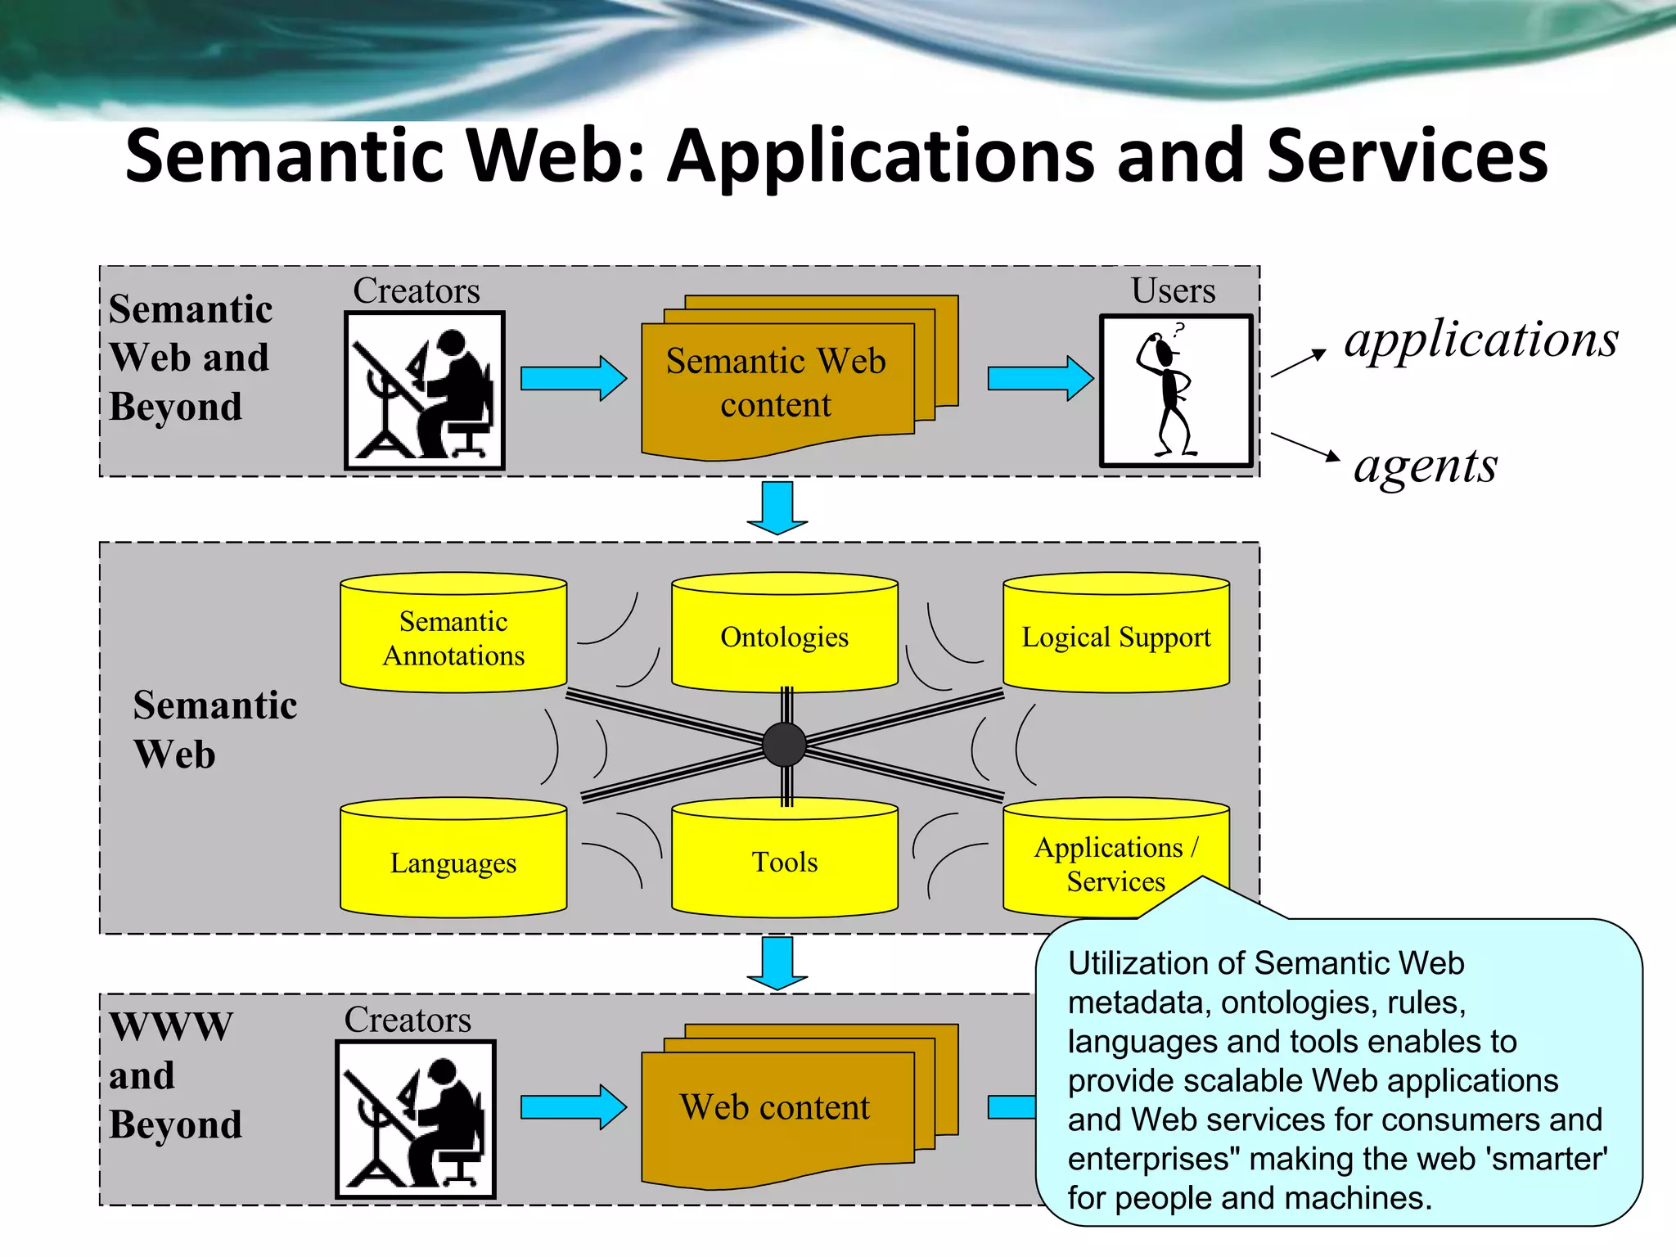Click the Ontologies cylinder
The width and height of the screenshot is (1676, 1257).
pos(784,637)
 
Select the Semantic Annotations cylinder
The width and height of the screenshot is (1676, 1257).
pos(453,638)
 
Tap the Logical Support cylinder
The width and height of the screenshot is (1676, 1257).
pos(1116,637)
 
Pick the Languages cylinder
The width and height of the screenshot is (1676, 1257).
pos(453,863)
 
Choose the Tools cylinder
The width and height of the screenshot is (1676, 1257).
pos(784,862)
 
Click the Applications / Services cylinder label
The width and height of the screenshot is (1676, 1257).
pos(1115,863)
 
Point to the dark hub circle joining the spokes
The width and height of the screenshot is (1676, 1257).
pos(784,745)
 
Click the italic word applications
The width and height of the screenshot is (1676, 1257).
pos(1481,340)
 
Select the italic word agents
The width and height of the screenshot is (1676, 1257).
pos(1426,466)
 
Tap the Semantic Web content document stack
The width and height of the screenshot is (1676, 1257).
pos(776,383)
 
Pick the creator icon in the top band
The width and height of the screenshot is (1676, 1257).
pos(424,391)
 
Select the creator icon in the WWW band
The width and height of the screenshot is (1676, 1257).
pos(416,1120)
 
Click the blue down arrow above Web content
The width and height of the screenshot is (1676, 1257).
pos(777,962)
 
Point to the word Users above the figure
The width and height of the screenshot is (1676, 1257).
pos(1173,291)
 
